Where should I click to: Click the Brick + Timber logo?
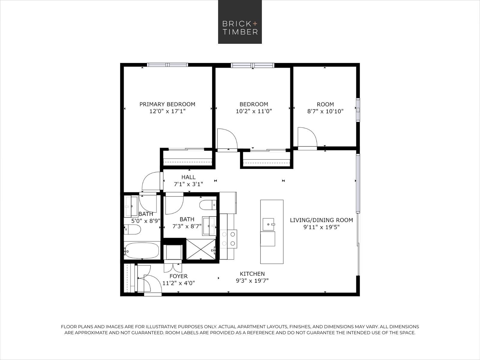click(240, 22)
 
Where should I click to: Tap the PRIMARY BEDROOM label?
click(167, 104)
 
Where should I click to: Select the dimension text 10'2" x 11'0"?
click(254, 111)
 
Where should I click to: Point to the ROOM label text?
click(325, 104)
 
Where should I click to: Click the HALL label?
click(188, 177)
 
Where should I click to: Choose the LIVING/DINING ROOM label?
click(322, 220)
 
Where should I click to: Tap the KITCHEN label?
click(252, 274)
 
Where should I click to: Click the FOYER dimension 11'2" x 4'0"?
click(178, 283)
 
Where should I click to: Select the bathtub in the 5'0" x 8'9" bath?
click(142, 250)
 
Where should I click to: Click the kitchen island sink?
click(268, 224)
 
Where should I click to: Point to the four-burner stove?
click(228, 239)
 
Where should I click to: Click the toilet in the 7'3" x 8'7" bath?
click(208, 205)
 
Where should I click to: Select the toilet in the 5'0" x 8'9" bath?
click(132, 229)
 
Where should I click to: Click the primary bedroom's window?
click(167, 65)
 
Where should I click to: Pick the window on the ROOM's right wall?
click(358, 110)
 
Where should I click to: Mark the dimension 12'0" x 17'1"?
click(167, 111)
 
